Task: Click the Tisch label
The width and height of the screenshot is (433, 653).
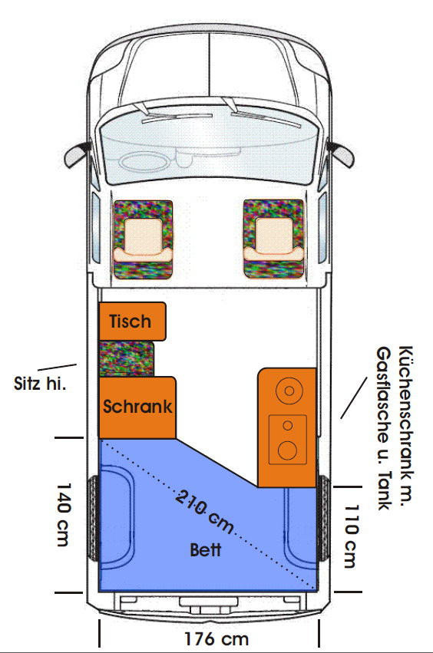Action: point(130,322)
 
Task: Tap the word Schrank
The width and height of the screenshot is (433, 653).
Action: point(137,407)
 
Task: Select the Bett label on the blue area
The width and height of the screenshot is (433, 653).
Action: point(206,549)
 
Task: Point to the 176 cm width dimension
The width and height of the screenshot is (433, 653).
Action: point(216,638)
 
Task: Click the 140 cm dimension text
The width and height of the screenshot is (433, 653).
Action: point(64,514)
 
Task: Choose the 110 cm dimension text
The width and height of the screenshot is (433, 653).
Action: point(351,536)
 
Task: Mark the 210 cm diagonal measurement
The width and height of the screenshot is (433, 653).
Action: point(204,512)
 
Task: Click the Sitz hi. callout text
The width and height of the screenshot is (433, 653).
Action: point(40,383)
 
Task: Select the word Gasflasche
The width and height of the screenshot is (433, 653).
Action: point(384,395)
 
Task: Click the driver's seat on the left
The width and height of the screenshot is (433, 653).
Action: point(143,239)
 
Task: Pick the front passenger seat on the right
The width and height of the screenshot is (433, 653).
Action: point(274,239)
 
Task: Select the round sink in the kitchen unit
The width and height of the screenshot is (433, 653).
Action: point(289,391)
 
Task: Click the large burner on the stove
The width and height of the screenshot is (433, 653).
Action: point(287,450)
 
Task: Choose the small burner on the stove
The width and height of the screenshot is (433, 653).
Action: point(288,425)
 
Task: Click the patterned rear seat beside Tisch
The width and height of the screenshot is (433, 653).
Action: point(126,358)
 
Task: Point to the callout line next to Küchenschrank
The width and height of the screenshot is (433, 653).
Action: point(354,397)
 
